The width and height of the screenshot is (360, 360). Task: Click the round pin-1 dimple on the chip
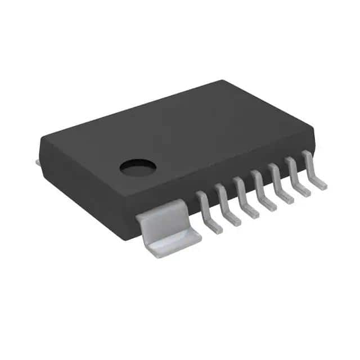point(138,166)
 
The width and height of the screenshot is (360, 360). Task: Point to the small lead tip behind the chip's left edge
point(38,163)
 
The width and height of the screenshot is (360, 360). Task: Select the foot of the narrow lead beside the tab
point(214,228)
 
